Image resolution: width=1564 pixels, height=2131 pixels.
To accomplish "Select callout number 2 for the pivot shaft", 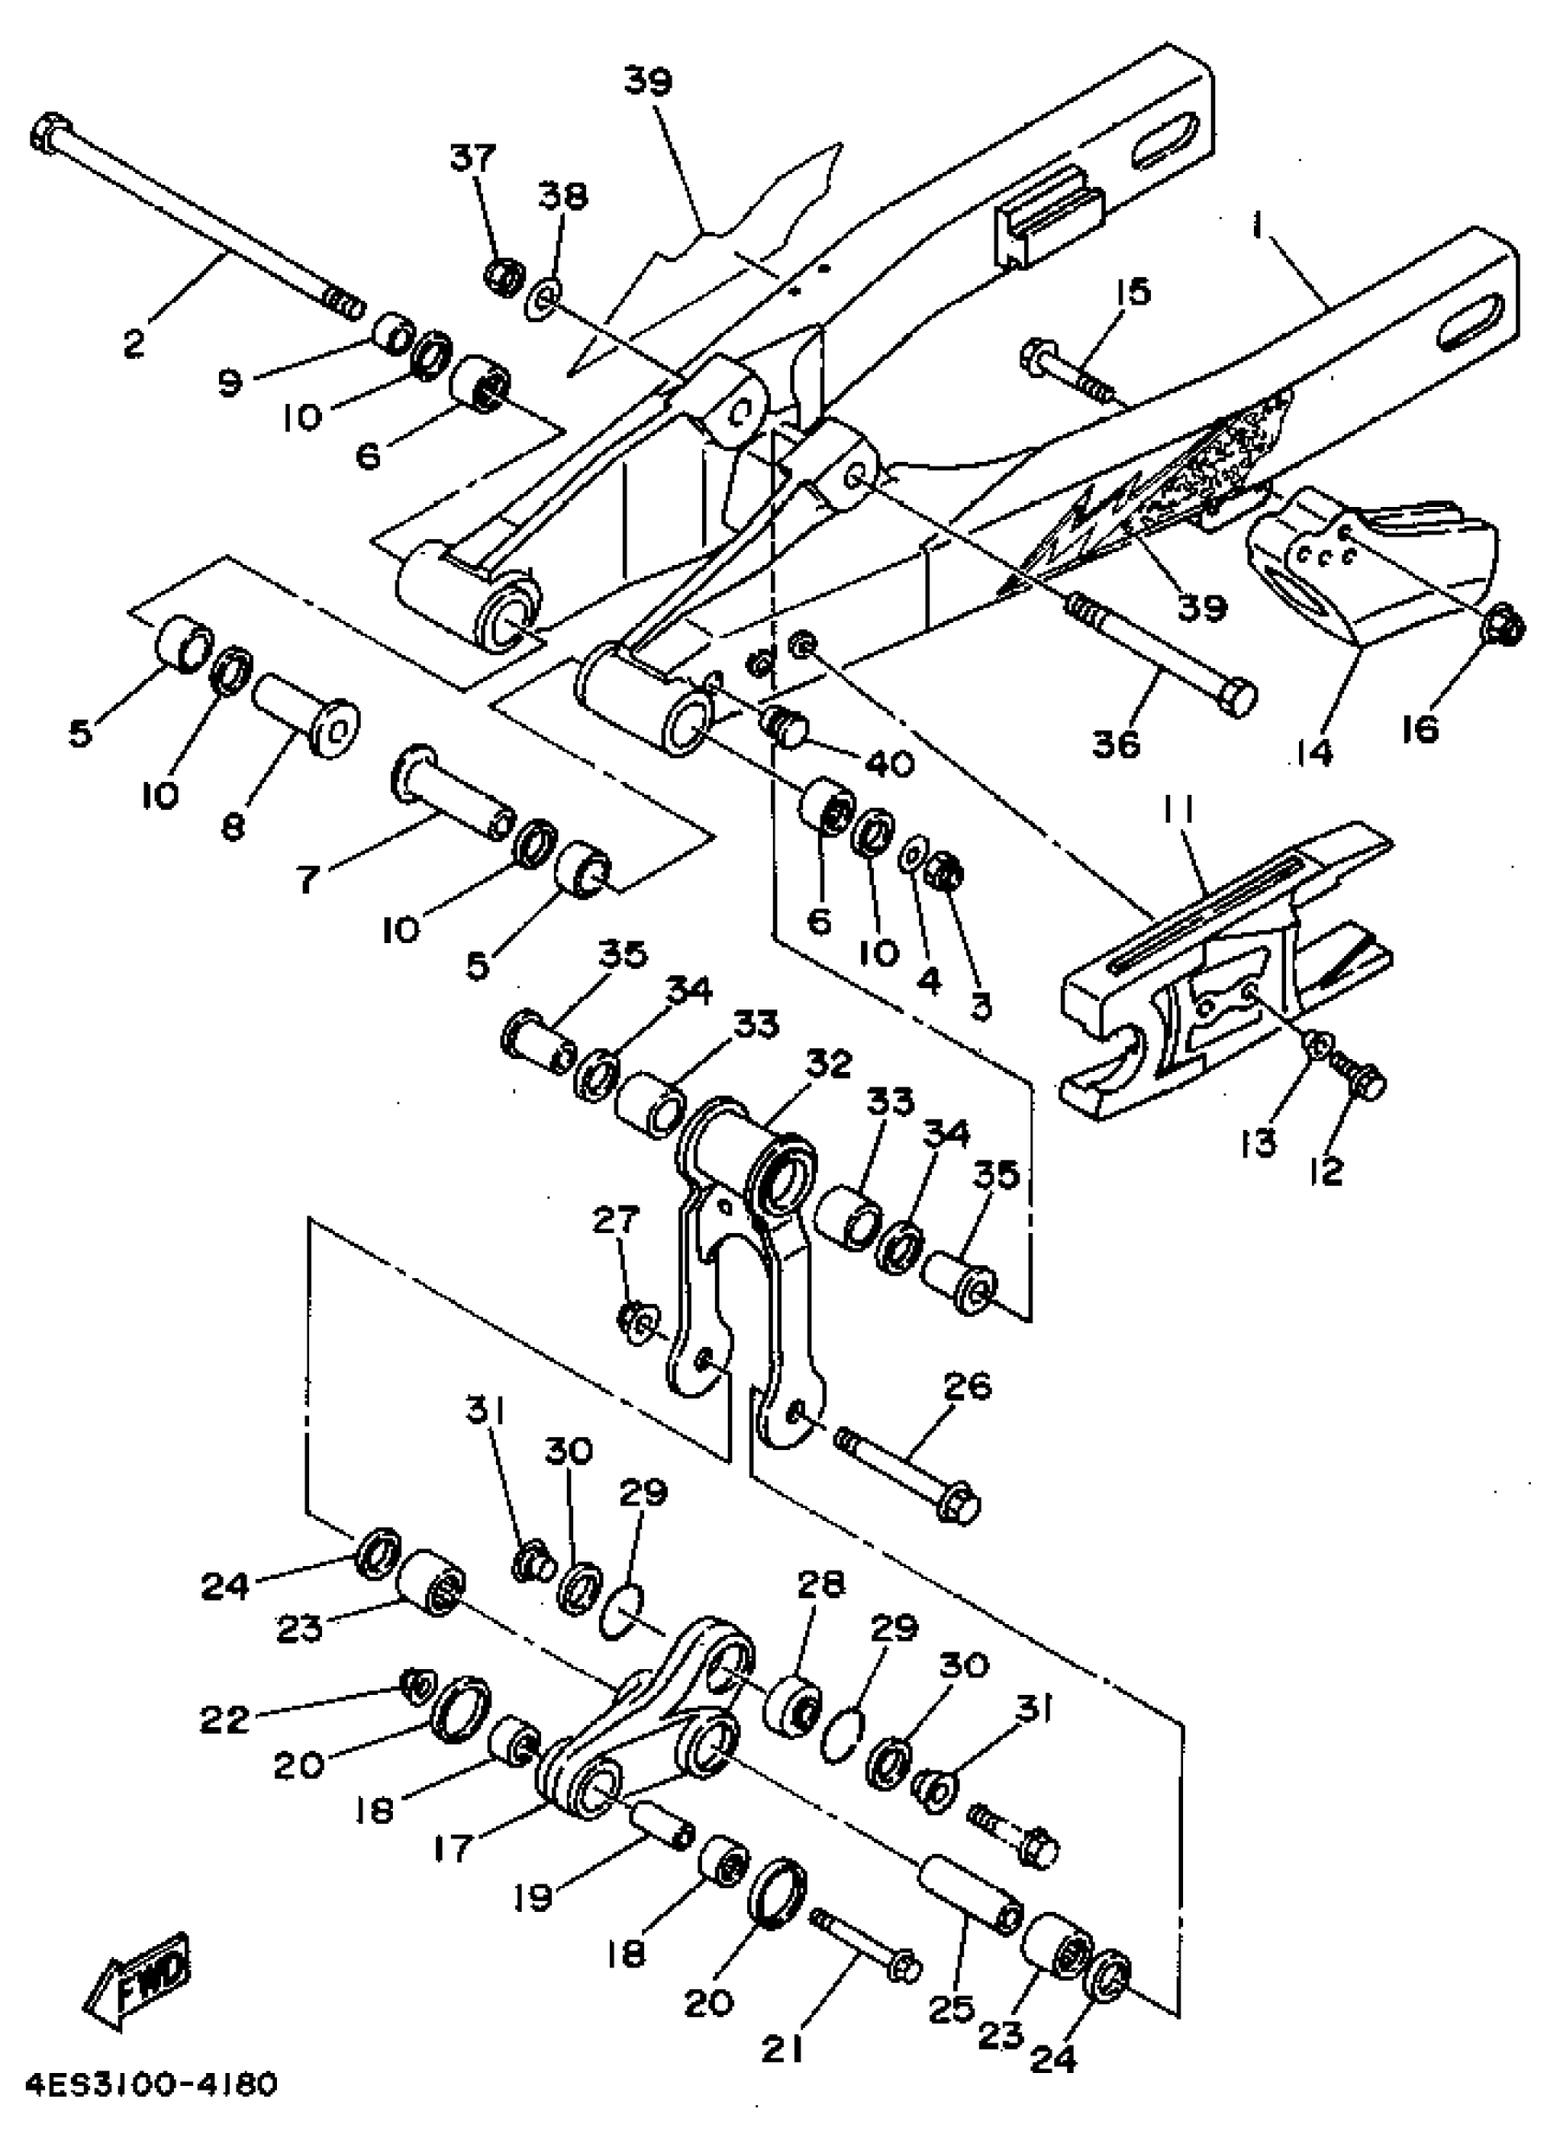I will click(134, 342).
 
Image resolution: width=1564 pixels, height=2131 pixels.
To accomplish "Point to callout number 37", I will click(471, 157).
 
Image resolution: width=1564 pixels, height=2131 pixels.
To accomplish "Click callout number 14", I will click(1315, 752).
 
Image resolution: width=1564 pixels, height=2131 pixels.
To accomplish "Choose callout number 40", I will click(888, 762).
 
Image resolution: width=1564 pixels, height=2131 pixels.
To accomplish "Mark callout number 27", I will click(616, 1220).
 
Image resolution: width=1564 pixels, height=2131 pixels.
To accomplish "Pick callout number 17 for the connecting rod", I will click(454, 1848).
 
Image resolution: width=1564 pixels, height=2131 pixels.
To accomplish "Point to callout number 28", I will click(821, 1584).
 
